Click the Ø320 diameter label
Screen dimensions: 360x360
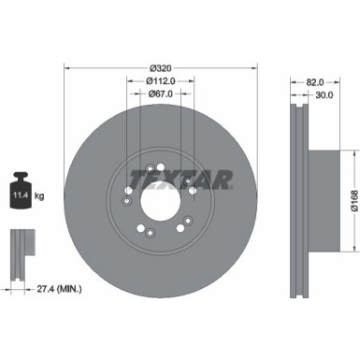tap(159, 67)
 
